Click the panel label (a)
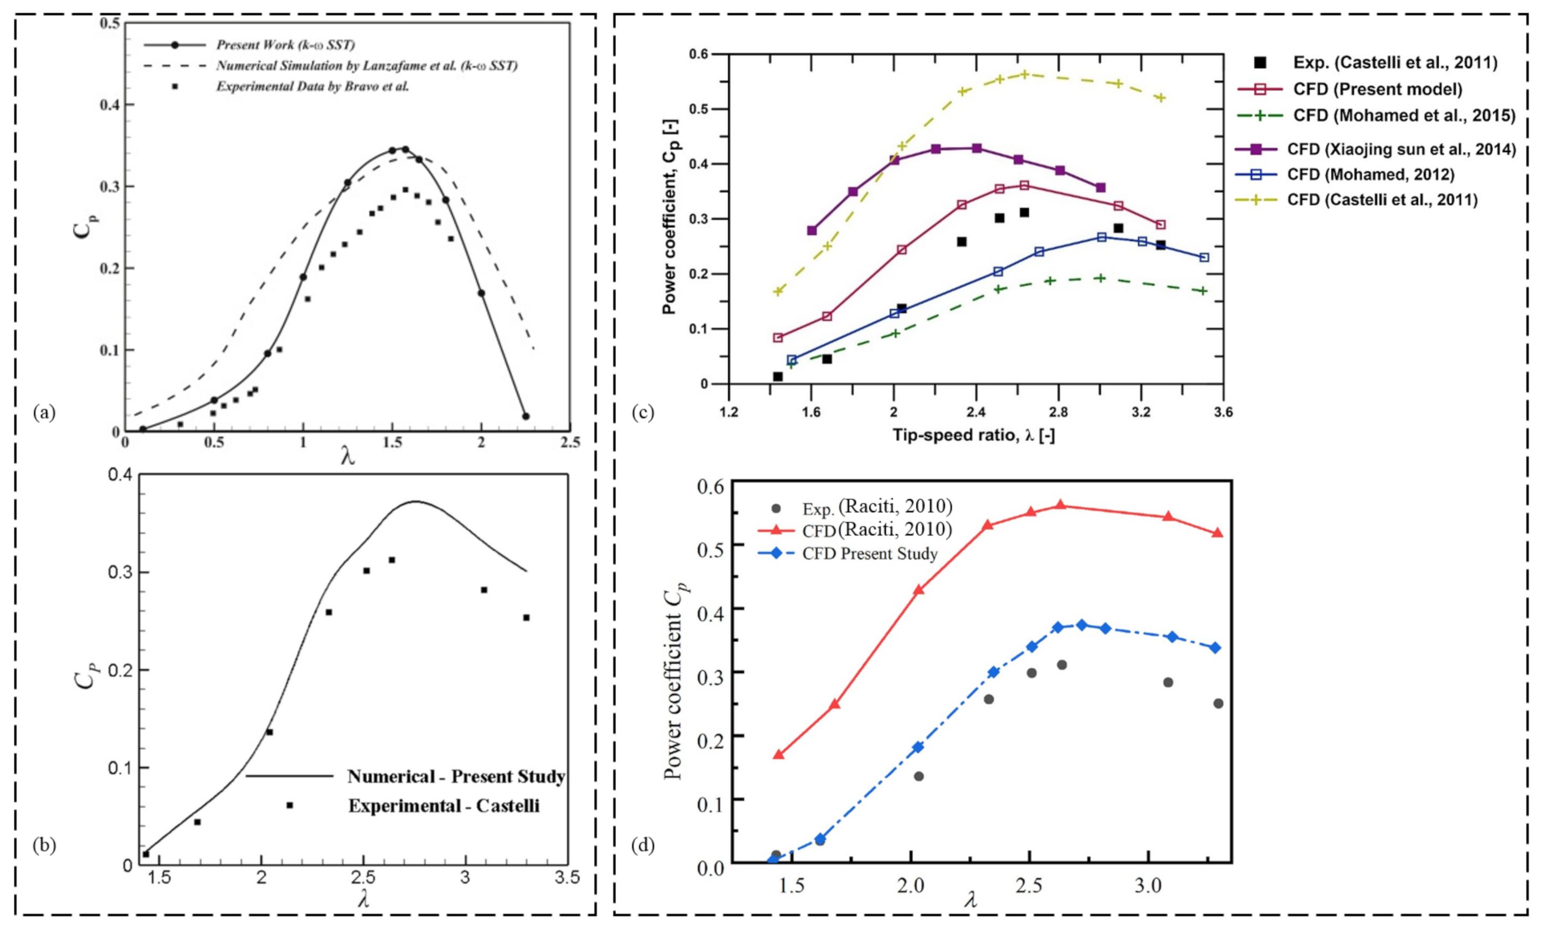tap(45, 413)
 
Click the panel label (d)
tap(643, 846)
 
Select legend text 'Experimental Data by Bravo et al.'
tap(312, 87)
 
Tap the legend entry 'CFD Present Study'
tap(870, 554)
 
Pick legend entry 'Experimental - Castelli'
tap(444, 805)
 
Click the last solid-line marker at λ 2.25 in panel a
tap(525, 416)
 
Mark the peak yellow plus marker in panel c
tap(1024, 74)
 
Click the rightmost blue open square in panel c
tap(1204, 257)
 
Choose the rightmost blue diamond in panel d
tap(1215, 648)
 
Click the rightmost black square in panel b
tap(527, 618)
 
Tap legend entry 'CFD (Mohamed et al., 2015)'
tap(1404, 115)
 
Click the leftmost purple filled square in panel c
tap(812, 230)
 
